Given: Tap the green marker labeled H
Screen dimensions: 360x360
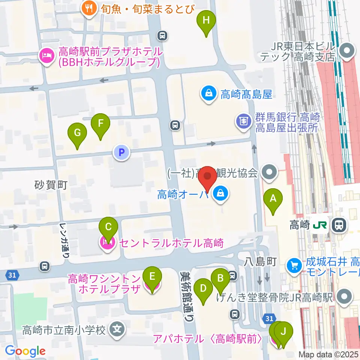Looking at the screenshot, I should pyautogui.click(x=206, y=21).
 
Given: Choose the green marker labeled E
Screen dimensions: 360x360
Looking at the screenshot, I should pyautogui.click(x=152, y=278).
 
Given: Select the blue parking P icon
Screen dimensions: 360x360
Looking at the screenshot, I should pyautogui.click(x=121, y=152).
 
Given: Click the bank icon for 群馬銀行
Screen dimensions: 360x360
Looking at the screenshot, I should pyautogui.click(x=243, y=121).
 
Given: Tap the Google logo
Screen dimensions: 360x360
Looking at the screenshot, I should pyautogui.click(x=25, y=351).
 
